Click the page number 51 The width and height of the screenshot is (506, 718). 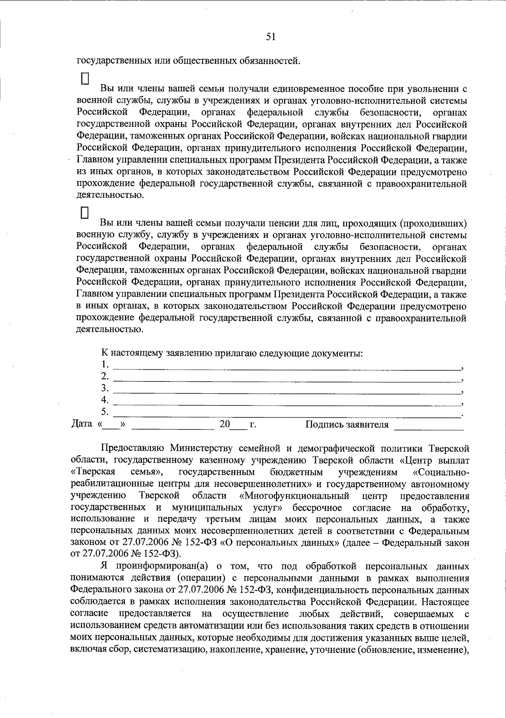[x=271, y=37]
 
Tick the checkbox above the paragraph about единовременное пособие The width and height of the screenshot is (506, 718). [x=85, y=79]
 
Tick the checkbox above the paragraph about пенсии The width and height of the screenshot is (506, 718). [x=85, y=213]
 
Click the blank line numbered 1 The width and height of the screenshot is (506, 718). [x=287, y=367]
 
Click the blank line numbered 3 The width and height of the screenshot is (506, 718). [x=287, y=391]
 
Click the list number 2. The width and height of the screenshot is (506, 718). [x=105, y=376]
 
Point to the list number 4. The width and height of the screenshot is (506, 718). [x=105, y=400]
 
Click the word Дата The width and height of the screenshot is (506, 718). [x=82, y=424]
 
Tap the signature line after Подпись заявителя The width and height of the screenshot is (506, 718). [x=428, y=427]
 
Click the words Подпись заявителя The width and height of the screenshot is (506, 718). [x=347, y=424]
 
